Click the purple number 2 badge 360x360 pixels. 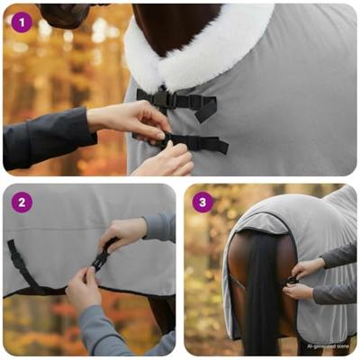pyautogui.click(x=21, y=202)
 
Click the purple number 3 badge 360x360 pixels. pyautogui.click(x=202, y=202)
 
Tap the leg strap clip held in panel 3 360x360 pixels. pyautogui.click(x=292, y=280)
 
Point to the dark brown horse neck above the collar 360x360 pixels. pyautogui.click(x=171, y=22)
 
